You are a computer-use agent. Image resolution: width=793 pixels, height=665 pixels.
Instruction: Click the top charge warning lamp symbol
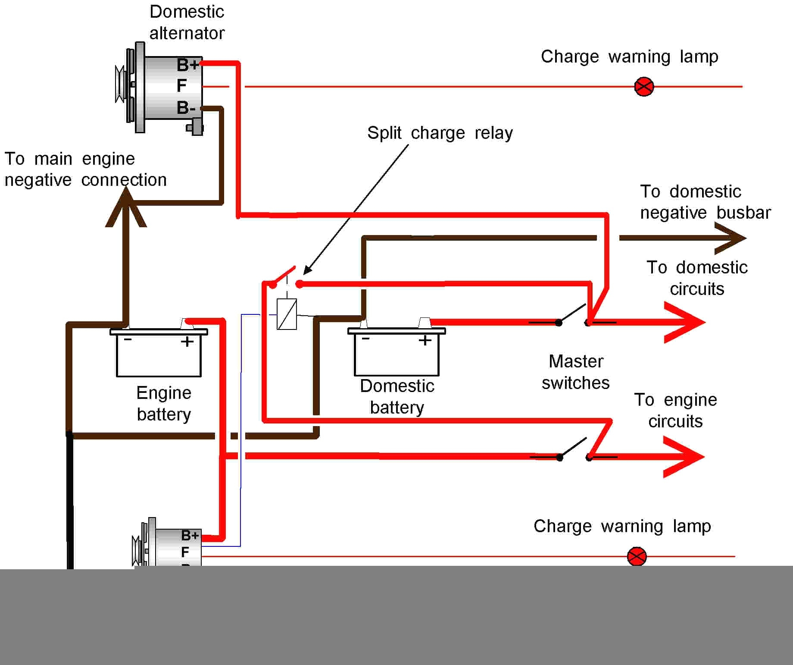[644, 87]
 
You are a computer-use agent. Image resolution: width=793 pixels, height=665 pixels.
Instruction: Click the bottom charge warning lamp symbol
[637, 556]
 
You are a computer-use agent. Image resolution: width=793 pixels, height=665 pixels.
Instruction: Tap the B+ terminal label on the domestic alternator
[188, 65]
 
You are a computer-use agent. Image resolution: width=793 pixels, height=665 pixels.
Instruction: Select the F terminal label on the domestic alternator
[182, 85]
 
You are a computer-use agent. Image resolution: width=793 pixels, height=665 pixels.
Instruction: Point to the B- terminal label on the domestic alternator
[186, 107]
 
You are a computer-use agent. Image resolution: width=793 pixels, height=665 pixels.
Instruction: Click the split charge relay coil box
[287, 314]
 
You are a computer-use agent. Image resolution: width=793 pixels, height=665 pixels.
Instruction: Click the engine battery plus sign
[187, 342]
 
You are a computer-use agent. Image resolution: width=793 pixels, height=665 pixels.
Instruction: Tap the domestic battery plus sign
[425, 340]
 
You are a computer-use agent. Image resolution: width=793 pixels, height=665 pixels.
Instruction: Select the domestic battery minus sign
[366, 339]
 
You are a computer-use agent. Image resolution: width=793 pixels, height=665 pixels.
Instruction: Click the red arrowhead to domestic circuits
[685, 322]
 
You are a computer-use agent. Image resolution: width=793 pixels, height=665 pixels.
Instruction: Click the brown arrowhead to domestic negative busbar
[731, 238]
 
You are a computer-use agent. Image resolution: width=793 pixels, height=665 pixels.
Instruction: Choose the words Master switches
[576, 372]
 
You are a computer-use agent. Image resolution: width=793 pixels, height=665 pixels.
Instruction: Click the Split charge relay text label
[440, 133]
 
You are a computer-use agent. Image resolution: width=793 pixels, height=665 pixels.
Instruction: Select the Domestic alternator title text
[187, 22]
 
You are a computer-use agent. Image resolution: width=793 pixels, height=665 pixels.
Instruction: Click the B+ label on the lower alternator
[190, 535]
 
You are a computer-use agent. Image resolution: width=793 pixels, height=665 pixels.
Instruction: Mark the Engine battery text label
[164, 404]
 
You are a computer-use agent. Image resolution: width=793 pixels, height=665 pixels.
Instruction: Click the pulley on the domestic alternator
[120, 85]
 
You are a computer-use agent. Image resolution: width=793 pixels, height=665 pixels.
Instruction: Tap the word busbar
[744, 213]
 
